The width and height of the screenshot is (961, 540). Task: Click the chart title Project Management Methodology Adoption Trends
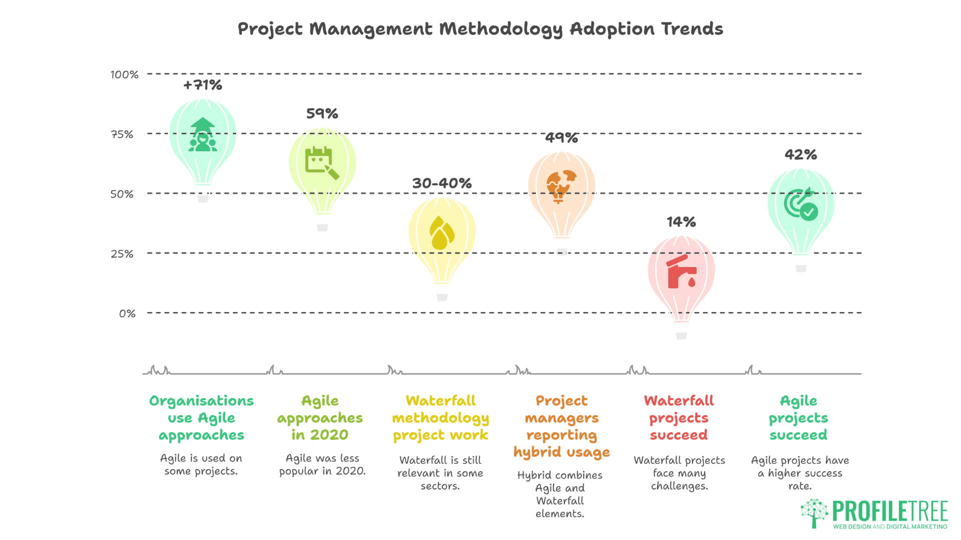click(x=480, y=29)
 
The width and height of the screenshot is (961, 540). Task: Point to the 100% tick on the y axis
click(x=124, y=74)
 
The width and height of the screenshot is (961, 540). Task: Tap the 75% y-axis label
click(x=122, y=134)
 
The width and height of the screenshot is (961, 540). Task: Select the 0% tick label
click(x=127, y=313)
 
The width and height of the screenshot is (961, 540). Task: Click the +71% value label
click(x=202, y=85)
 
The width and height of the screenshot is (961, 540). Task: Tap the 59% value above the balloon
click(x=322, y=113)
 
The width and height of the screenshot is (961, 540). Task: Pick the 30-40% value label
click(x=441, y=183)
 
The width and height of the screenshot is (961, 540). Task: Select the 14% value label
click(x=681, y=221)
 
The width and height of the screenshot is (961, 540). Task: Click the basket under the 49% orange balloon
click(x=562, y=251)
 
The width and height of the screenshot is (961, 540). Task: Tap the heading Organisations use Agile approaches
click(x=201, y=417)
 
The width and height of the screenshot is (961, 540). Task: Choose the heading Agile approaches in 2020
click(x=320, y=417)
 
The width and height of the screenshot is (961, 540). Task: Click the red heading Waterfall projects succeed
click(x=679, y=417)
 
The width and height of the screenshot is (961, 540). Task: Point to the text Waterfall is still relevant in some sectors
click(x=440, y=472)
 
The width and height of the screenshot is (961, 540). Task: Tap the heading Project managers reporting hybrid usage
click(x=561, y=426)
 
